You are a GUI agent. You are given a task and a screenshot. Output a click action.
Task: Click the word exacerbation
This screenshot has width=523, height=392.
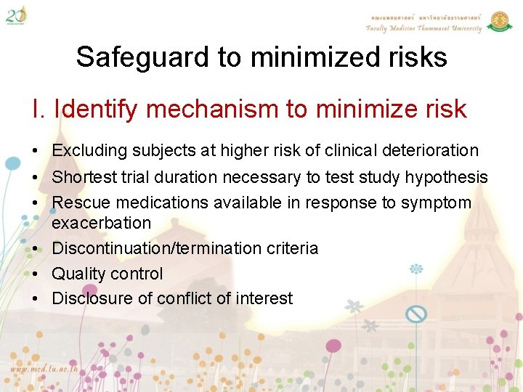coord(102,223)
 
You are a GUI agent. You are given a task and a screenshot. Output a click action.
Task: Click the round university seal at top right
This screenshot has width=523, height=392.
coord(499,21)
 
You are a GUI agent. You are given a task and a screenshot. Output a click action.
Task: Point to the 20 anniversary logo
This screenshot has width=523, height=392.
coord(16,14)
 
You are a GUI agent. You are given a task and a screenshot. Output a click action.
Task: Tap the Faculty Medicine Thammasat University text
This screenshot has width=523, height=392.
coord(423,28)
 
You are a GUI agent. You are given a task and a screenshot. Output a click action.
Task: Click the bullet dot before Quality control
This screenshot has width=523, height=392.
coord(36,274)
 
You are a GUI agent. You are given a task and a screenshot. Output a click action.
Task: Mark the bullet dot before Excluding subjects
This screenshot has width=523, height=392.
coord(36,152)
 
